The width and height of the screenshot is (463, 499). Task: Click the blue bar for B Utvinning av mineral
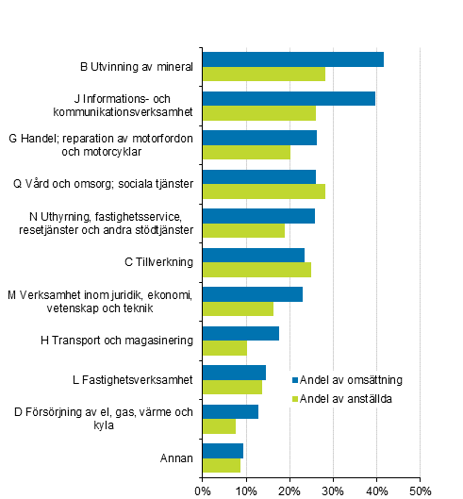pos(292,59)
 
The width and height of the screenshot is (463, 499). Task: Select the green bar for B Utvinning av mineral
pos(263,75)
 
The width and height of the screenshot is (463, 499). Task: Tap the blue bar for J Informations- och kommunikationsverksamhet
pos(289,98)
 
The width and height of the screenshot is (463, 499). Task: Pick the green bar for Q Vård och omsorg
pos(263,191)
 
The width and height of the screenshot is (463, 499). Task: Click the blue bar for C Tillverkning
pos(253,255)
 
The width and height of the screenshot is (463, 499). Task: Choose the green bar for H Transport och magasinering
pos(224,348)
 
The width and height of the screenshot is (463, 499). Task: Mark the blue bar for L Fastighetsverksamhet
pos(234,372)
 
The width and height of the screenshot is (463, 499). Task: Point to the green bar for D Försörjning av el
pos(219,426)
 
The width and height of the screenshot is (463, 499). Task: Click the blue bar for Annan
pos(223,450)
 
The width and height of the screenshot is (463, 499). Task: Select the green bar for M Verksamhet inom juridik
pos(238,308)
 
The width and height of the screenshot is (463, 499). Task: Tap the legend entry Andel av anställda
pos(345,398)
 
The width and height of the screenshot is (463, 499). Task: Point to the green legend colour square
pos(294,398)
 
